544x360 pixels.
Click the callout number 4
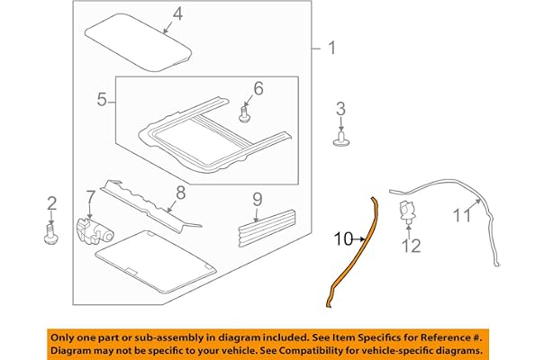coord(177,14)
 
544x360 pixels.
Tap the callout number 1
coord(332,48)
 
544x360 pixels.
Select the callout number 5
coord(102,100)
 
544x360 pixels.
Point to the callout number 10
coord(343,239)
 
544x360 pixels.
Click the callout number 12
coord(411,246)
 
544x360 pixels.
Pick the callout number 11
coord(462,215)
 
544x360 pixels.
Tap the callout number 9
coord(258,200)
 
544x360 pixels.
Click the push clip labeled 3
coord(341,139)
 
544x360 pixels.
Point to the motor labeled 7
coord(95,231)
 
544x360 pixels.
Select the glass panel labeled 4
coord(138,42)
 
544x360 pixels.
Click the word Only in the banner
coord(62,337)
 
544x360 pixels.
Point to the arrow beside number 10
coord(358,239)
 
